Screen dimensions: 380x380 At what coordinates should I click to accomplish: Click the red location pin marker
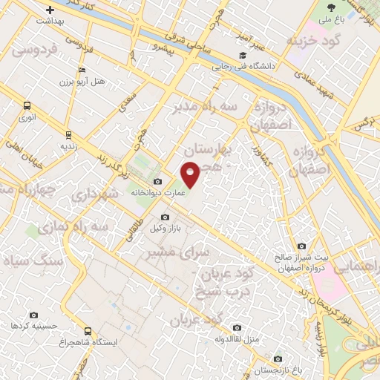191,174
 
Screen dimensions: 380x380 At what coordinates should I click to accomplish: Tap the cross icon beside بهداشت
50,10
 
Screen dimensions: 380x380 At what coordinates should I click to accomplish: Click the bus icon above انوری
27,105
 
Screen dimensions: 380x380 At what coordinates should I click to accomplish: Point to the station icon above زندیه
68,135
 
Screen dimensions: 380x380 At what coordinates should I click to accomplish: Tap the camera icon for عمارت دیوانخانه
157,182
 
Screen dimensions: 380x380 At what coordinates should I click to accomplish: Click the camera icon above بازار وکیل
165,217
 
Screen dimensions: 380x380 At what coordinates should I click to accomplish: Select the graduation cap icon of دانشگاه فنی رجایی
242,55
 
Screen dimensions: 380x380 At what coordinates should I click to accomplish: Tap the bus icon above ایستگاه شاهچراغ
88,330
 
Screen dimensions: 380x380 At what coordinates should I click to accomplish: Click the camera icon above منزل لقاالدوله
237,327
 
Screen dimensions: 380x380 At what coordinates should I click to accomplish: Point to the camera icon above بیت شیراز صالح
301,246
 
